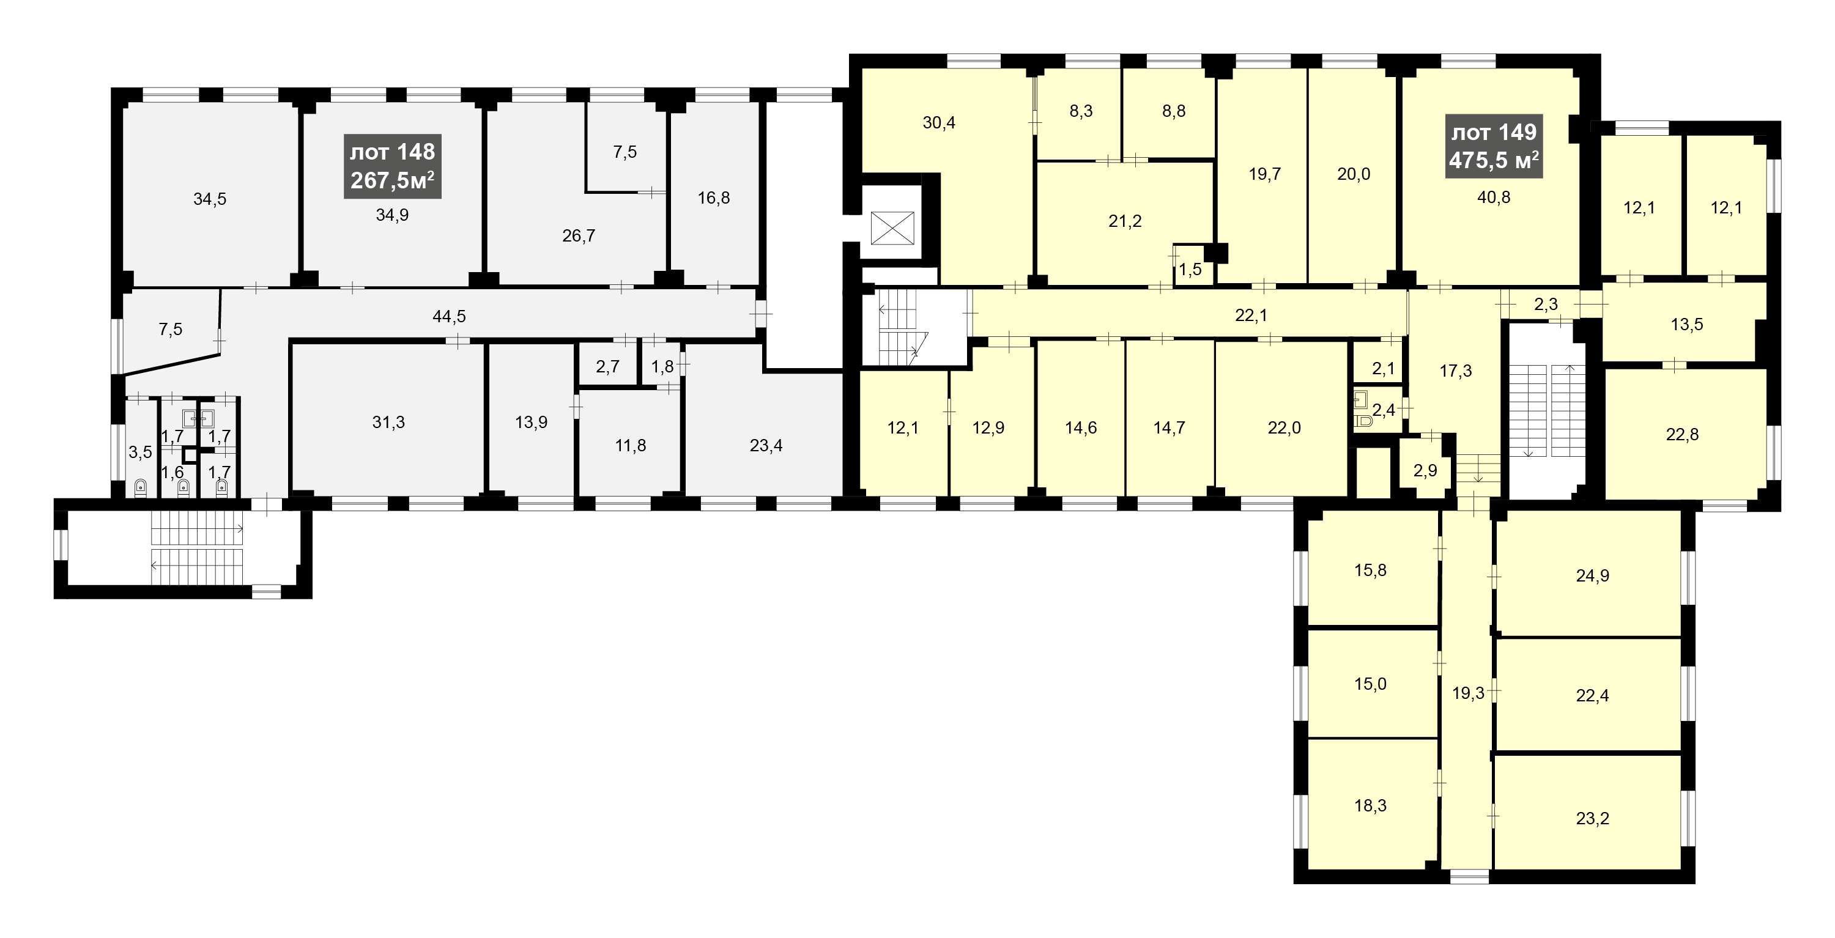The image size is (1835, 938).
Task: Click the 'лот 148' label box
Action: tap(393, 166)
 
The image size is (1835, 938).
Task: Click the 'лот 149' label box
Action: tap(1494, 146)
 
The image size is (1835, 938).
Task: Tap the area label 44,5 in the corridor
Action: tap(450, 316)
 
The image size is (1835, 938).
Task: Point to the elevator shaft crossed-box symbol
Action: tap(892, 229)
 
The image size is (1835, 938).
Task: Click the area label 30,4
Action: tap(939, 122)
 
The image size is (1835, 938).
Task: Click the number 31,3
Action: tap(389, 423)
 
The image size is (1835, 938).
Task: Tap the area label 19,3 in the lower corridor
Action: tap(1468, 693)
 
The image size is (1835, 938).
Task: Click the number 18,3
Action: tap(1371, 805)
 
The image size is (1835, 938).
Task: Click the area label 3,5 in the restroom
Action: tap(140, 451)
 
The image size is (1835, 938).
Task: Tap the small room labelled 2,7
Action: tap(607, 367)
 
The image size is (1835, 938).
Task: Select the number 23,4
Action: tap(766, 446)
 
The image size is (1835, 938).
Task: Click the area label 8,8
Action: tap(1174, 111)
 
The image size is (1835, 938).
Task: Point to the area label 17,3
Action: tap(1455, 371)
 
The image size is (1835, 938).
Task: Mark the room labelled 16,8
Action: tap(714, 198)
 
